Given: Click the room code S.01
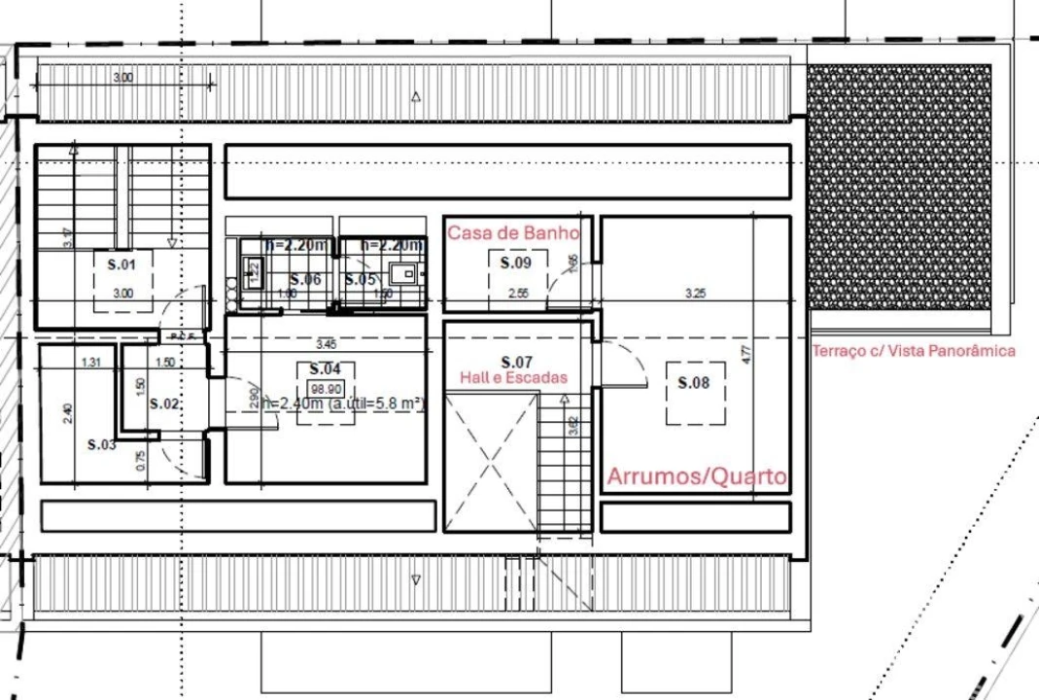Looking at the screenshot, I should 122,263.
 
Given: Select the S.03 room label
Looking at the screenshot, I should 101,444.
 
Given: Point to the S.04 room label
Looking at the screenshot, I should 325,369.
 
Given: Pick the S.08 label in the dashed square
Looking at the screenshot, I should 694,383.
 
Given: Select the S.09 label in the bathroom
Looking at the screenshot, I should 516,262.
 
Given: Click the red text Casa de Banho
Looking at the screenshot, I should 513,233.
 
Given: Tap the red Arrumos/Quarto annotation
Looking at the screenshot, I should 697,476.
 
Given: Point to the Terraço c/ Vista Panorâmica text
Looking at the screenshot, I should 914,351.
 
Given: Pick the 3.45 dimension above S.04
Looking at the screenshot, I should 326,343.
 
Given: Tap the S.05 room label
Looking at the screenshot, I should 360,279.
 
